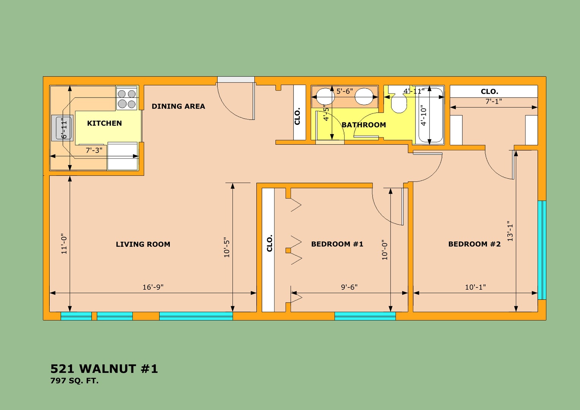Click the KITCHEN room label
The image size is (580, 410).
(104, 123)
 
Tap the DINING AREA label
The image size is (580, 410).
(179, 106)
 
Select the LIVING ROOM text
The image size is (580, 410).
(143, 244)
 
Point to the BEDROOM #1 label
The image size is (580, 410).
(337, 244)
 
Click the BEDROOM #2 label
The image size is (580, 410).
(474, 244)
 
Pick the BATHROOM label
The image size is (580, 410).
(364, 125)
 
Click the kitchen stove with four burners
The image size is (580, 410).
(126, 99)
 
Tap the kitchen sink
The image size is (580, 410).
(62, 128)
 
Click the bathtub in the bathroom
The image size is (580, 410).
(430, 115)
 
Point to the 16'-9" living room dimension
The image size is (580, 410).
(153, 287)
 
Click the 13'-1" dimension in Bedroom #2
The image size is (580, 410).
(510, 231)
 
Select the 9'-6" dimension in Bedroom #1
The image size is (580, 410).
(349, 287)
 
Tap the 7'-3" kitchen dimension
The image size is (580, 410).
(94, 150)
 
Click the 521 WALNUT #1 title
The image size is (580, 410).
(104, 369)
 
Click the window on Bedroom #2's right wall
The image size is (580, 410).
(542, 250)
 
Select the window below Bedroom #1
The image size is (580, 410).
(365, 316)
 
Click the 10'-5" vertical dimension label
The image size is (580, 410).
(227, 247)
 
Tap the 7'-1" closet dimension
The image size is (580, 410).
(493, 101)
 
